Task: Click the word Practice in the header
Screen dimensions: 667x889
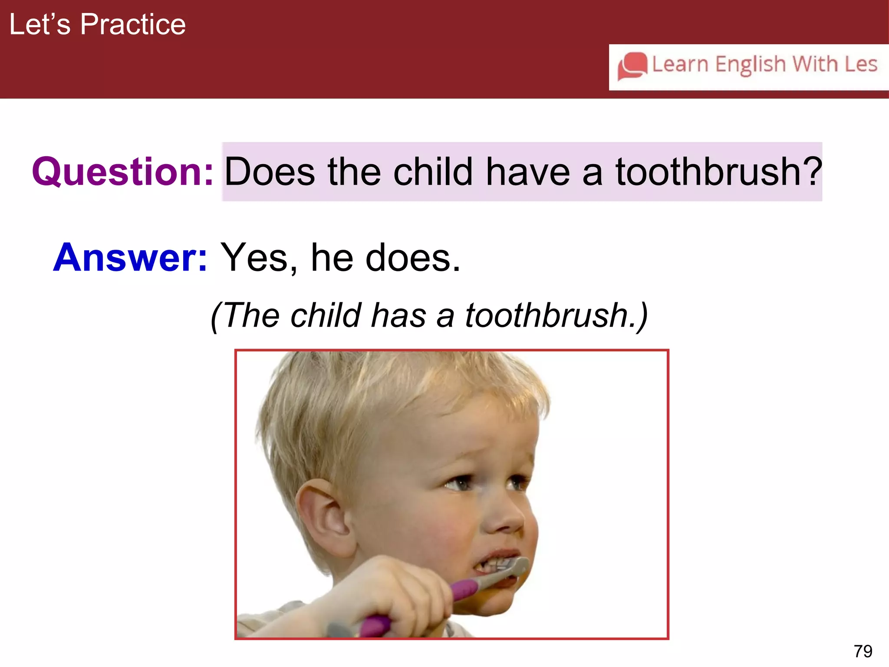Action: point(133,24)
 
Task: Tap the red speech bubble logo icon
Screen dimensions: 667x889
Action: point(632,66)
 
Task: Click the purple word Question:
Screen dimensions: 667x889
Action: point(122,172)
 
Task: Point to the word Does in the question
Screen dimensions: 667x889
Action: point(270,172)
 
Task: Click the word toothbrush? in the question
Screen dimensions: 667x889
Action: point(718,172)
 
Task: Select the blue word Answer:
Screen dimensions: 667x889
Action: point(130,258)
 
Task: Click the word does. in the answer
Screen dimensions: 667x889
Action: point(413,258)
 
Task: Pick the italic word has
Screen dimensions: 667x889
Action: point(398,315)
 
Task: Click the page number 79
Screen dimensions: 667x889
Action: point(863,651)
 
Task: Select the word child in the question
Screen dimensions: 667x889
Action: point(432,172)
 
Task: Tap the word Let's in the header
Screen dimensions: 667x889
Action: point(40,24)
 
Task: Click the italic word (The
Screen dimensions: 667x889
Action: point(245,315)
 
